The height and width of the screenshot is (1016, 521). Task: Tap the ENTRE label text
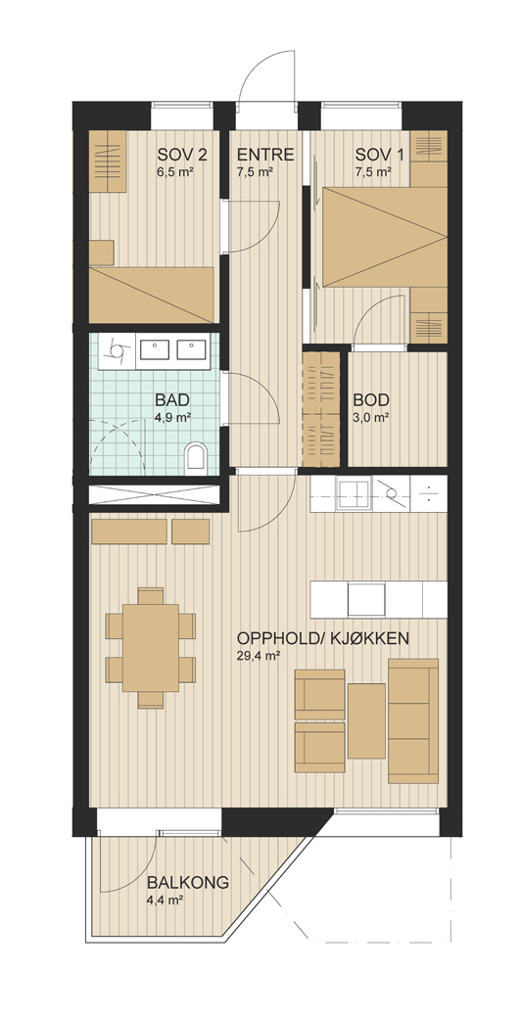(265, 156)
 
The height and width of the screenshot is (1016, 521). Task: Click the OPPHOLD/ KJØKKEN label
(323, 638)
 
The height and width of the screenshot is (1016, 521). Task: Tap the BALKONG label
(187, 883)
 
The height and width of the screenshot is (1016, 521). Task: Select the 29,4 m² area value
(258, 656)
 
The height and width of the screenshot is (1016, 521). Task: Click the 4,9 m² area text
(171, 417)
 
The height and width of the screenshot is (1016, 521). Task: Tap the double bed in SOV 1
(385, 237)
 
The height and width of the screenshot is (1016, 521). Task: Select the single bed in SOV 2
(151, 295)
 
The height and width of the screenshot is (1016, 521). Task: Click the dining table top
(151, 648)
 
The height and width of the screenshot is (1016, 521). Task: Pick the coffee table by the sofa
(367, 721)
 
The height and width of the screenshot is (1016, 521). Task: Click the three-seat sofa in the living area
(413, 721)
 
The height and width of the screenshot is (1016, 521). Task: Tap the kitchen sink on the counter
(352, 493)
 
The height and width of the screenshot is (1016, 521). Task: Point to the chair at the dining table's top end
(151, 596)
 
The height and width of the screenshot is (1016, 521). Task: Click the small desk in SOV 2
(102, 253)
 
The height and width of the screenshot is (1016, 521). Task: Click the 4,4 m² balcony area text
(166, 901)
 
